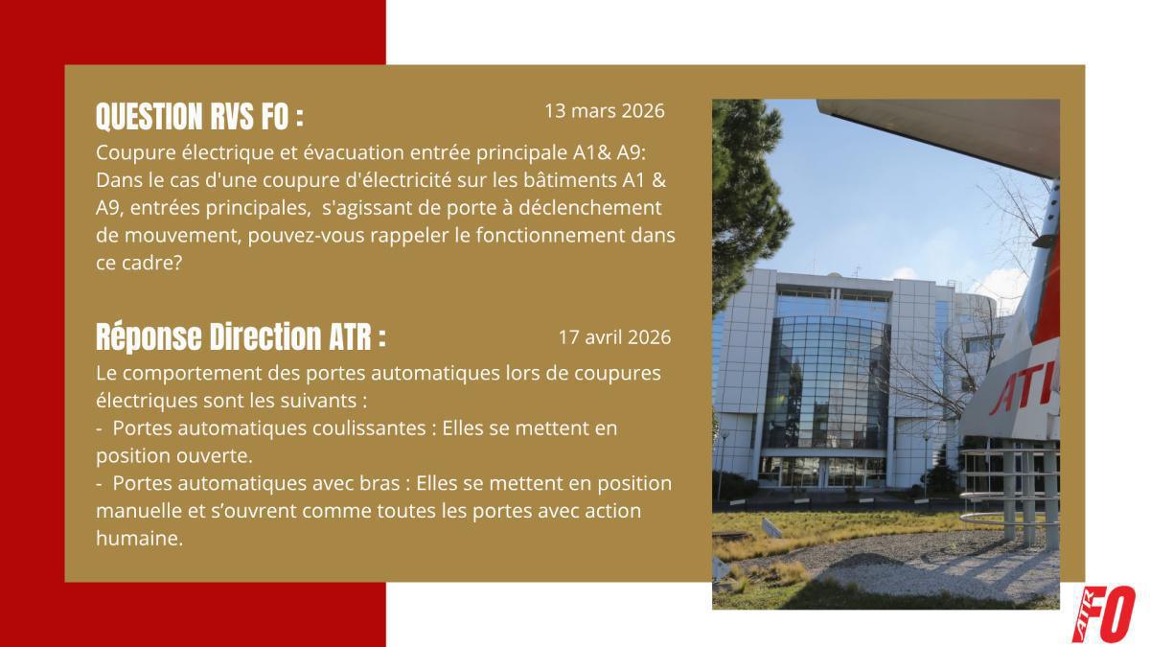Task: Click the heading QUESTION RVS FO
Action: (199, 117)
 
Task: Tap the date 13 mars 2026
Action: (604, 110)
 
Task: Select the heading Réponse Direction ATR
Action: (241, 336)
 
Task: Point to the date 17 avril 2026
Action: (614, 337)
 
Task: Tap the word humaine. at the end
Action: (138, 539)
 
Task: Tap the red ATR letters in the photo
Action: (1023, 388)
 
